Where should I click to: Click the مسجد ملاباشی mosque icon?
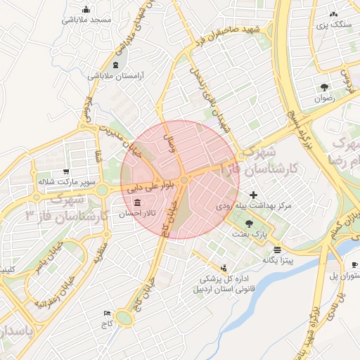[x=86, y=10]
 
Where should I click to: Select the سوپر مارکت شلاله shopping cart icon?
[x=66, y=172]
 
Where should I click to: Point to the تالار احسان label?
[x=136, y=214]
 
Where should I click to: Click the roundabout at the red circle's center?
[x=184, y=181]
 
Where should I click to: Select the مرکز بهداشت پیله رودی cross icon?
[x=253, y=195]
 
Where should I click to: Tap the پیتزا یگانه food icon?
[x=278, y=250]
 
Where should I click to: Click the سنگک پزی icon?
[x=333, y=13]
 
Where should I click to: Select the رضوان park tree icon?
[x=324, y=87]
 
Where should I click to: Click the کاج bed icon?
[x=107, y=313]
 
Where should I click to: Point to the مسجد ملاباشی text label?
[x=87, y=20]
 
